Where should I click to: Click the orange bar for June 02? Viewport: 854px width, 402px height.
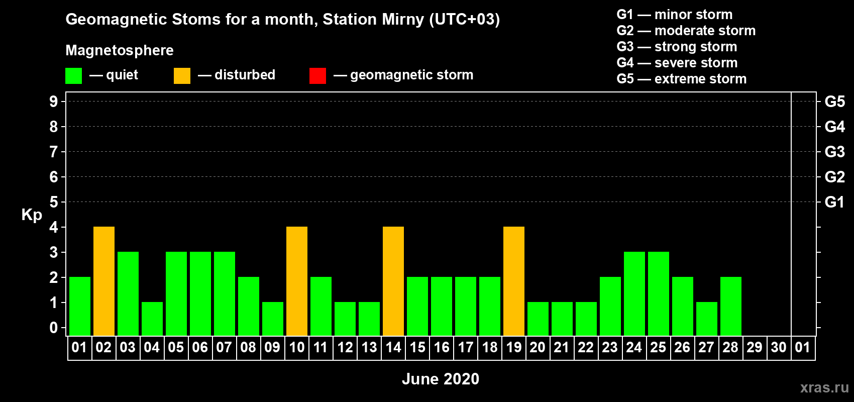click(103, 281)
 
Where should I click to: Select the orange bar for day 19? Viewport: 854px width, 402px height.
click(513, 281)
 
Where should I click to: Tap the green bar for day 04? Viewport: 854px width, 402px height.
click(152, 319)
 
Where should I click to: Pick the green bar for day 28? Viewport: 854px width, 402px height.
click(731, 306)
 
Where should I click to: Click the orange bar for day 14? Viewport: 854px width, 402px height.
click(393, 281)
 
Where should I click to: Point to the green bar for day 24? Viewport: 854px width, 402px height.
click(634, 293)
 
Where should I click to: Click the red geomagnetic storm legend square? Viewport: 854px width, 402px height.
click(317, 75)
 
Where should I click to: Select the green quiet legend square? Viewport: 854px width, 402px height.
click(73, 75)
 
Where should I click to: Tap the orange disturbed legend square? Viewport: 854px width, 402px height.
click(182, 75)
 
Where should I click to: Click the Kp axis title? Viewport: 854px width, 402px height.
click(32, 215)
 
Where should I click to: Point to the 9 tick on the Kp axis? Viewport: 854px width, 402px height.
click(53, 102)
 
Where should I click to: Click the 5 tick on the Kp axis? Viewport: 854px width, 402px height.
click(53, 202)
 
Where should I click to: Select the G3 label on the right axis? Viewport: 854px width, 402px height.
click(834, 152)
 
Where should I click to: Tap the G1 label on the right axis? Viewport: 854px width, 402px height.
click(834, 202)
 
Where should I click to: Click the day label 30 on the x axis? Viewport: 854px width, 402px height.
click(779, 347)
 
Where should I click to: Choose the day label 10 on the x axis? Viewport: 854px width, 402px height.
click(296, 347)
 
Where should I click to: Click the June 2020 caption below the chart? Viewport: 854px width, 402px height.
click(441, 379)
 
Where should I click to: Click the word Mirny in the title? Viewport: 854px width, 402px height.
click(403, 20)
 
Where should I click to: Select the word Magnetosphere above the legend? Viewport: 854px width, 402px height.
click(120, 50)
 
